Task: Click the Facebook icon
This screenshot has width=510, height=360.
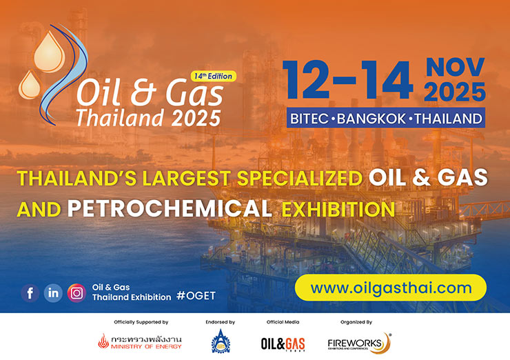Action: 30,292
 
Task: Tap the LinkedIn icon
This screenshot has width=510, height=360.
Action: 53,292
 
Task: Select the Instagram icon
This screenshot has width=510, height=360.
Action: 76,292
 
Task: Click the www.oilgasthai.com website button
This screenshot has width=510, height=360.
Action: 391,288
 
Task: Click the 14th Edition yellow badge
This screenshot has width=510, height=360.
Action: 213,76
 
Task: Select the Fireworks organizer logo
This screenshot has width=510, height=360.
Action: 358,342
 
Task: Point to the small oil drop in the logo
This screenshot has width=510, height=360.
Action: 29,86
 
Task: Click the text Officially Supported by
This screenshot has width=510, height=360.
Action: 141,322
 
